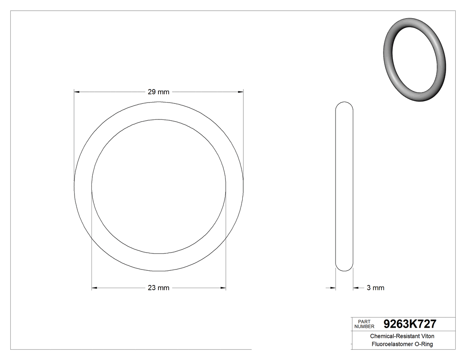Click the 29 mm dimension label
tap(158, 92)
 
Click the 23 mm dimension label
tap(158, 288)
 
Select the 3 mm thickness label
tap(375, 288)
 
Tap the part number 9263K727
tap(410, 324)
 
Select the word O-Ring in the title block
tap(423, 344)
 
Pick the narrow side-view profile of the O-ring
tap(344, 186)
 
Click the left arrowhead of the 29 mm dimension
tap(76, 92)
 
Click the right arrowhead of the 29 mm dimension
tap(241, 92)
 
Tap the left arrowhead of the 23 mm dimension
tap(94, 288)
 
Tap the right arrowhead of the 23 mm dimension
tap(223, 288)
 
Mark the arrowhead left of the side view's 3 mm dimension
tap(332, 288)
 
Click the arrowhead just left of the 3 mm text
tap(356, 288)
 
